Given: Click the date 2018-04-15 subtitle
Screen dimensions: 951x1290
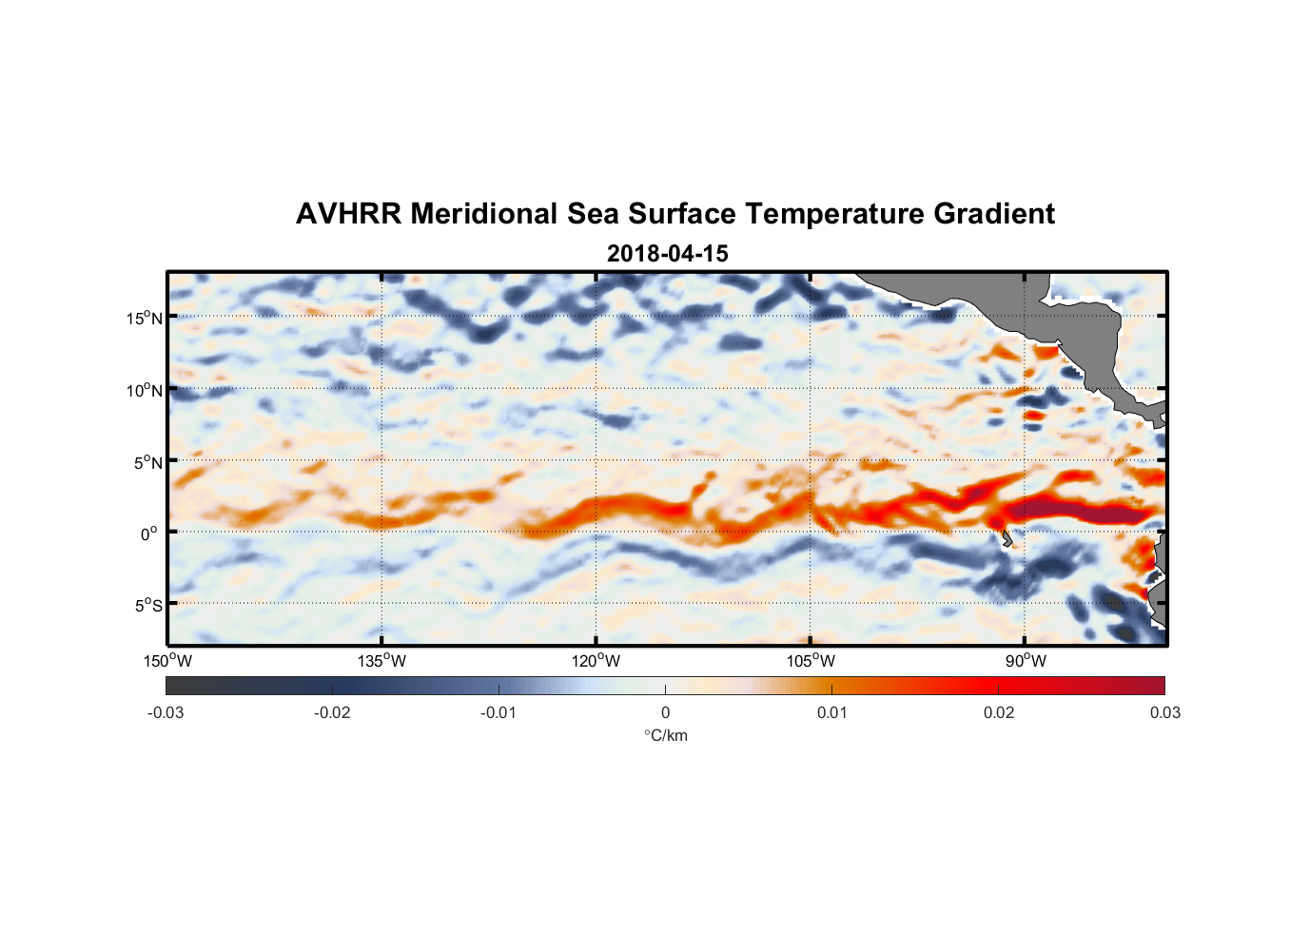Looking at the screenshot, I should point(667,254).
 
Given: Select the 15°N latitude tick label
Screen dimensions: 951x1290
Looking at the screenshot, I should point(145,318).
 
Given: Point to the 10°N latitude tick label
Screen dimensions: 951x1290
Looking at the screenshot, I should point(145,390).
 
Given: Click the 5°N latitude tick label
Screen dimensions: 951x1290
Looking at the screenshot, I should point(147,462).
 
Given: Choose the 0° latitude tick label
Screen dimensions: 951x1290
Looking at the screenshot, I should point(149,534).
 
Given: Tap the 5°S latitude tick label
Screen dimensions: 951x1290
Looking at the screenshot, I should point(147,606).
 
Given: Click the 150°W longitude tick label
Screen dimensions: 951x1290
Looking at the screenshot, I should point(167,661).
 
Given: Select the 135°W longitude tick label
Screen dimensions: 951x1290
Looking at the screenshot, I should point(381,661).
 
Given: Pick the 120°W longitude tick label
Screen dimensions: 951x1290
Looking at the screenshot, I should point(596,661).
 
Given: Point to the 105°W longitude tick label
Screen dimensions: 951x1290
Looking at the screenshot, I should point(811,661).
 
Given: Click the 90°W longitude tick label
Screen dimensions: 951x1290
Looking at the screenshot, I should point(1025,661).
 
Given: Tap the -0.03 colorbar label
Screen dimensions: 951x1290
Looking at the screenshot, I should point(166,712).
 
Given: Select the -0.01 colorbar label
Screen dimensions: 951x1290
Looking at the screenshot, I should point(498,712).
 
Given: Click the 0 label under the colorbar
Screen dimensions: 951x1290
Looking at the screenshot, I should point(665,712).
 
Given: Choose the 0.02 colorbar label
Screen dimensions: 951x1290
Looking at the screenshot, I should point(999,712).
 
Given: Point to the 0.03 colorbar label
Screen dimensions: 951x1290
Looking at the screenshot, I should point(1164,712).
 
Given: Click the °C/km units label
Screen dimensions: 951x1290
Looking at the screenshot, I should point(665,735).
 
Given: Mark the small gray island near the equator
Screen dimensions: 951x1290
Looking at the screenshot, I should point(1007,539).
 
